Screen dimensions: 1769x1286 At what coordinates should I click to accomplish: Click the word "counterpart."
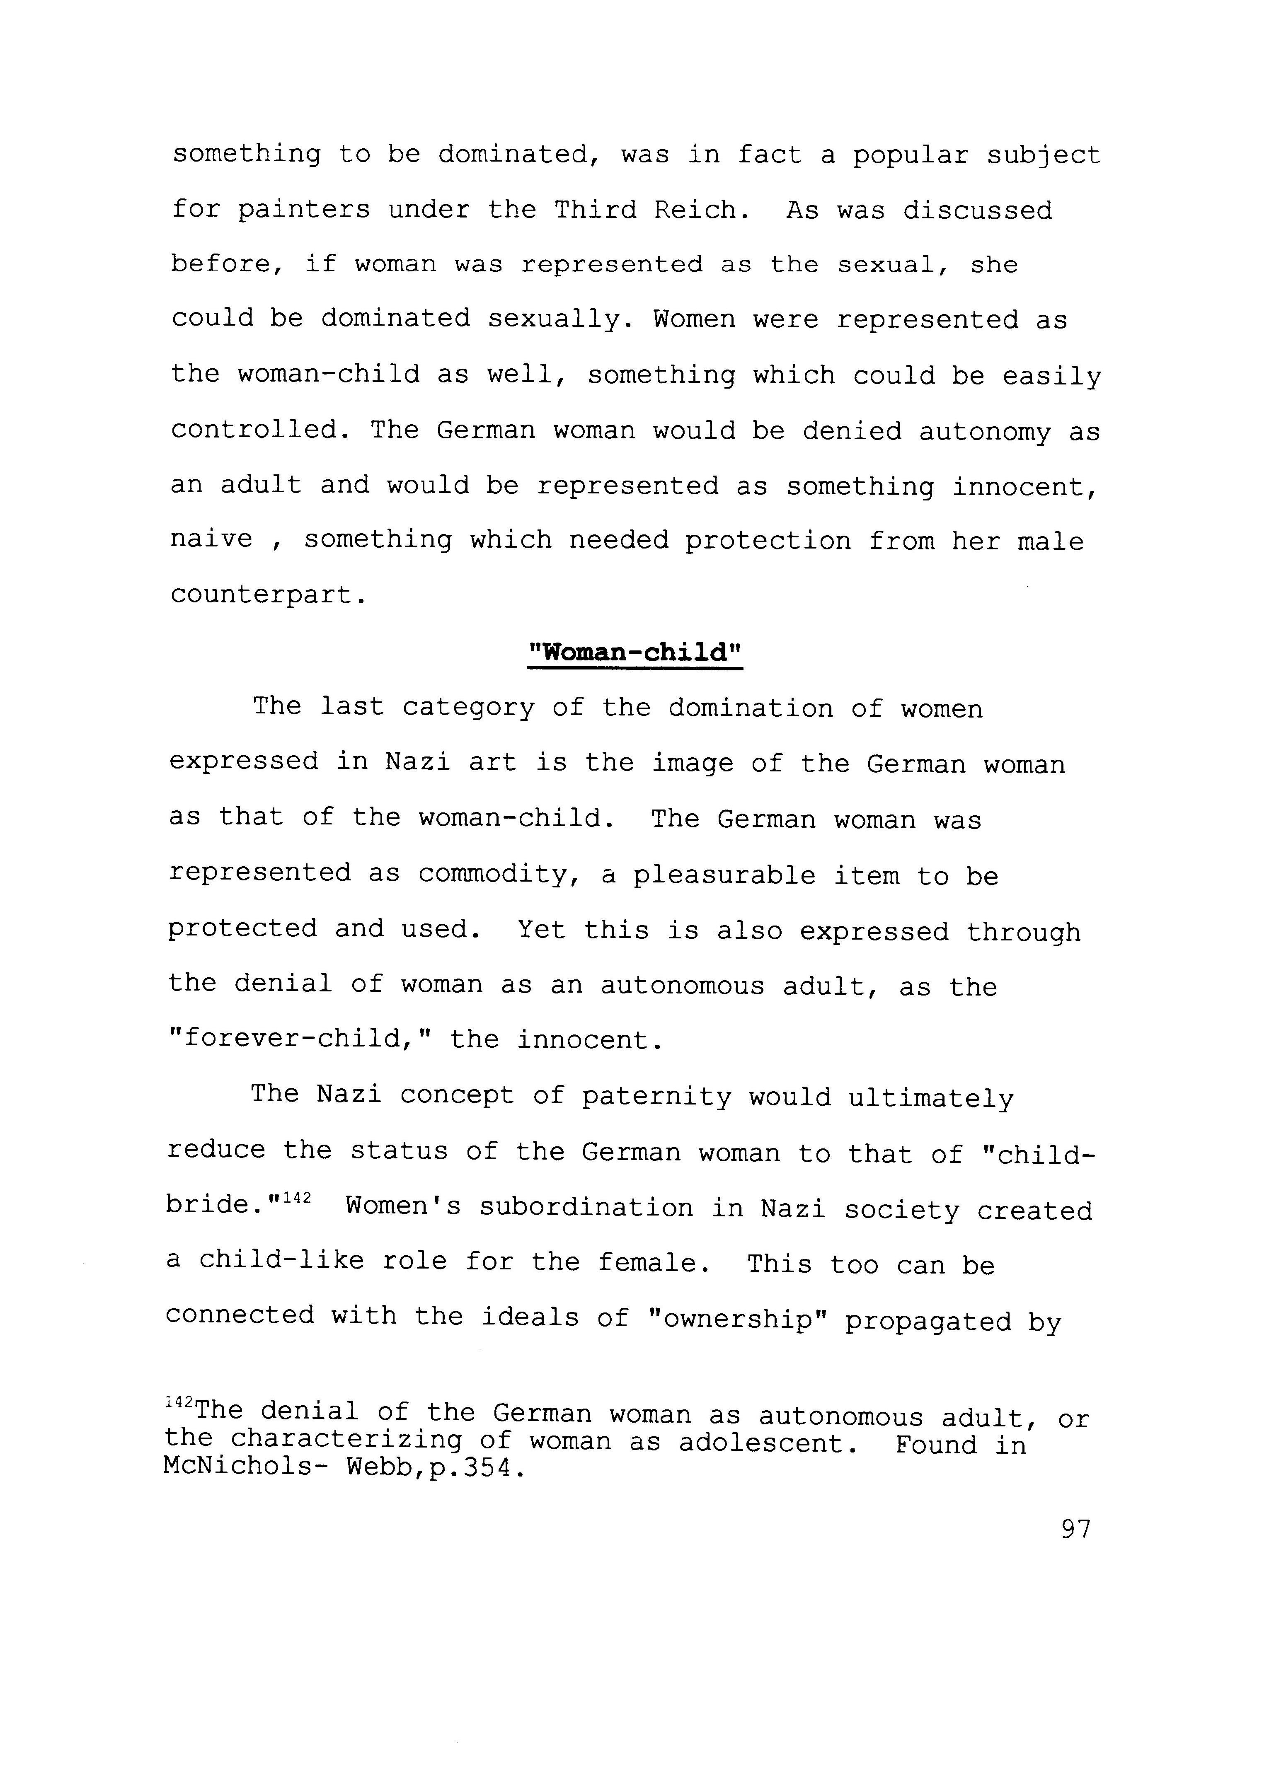(x=268, y=595)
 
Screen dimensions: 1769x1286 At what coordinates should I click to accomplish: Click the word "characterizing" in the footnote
(x=346, y=1440)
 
